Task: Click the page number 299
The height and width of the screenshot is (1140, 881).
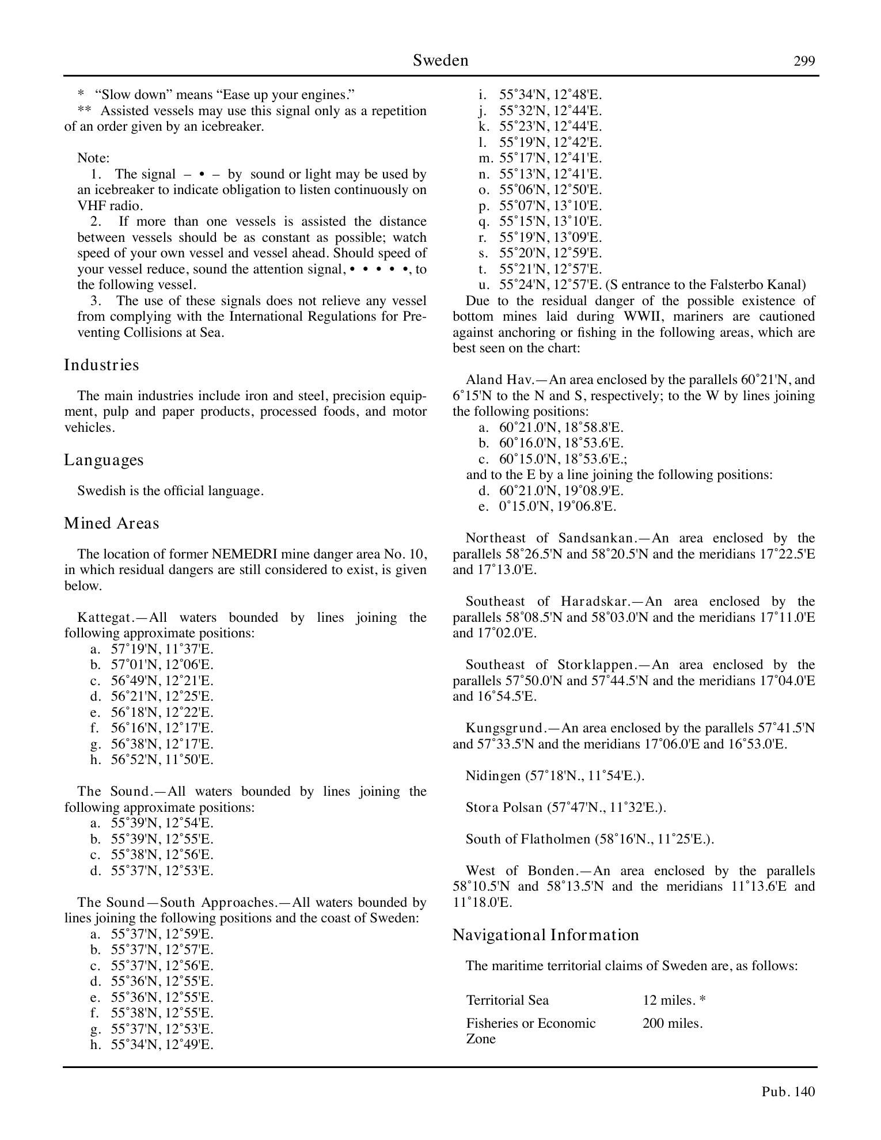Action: pos(804,61)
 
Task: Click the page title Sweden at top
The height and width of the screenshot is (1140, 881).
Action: pos(440,60)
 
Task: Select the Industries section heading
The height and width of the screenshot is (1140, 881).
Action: pos(101,365)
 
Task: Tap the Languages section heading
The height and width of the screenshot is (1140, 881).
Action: pos(104,460)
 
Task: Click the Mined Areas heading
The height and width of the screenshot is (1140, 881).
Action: pos(111,523)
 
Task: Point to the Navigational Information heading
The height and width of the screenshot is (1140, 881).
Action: pos(545,934)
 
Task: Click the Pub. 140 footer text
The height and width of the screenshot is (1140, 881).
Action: pos(788,1092)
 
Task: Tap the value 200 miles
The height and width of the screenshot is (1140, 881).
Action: pos(672,1023)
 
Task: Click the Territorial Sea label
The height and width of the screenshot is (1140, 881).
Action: pos(507,1000)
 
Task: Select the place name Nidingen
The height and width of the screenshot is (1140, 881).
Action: pos(492,776)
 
